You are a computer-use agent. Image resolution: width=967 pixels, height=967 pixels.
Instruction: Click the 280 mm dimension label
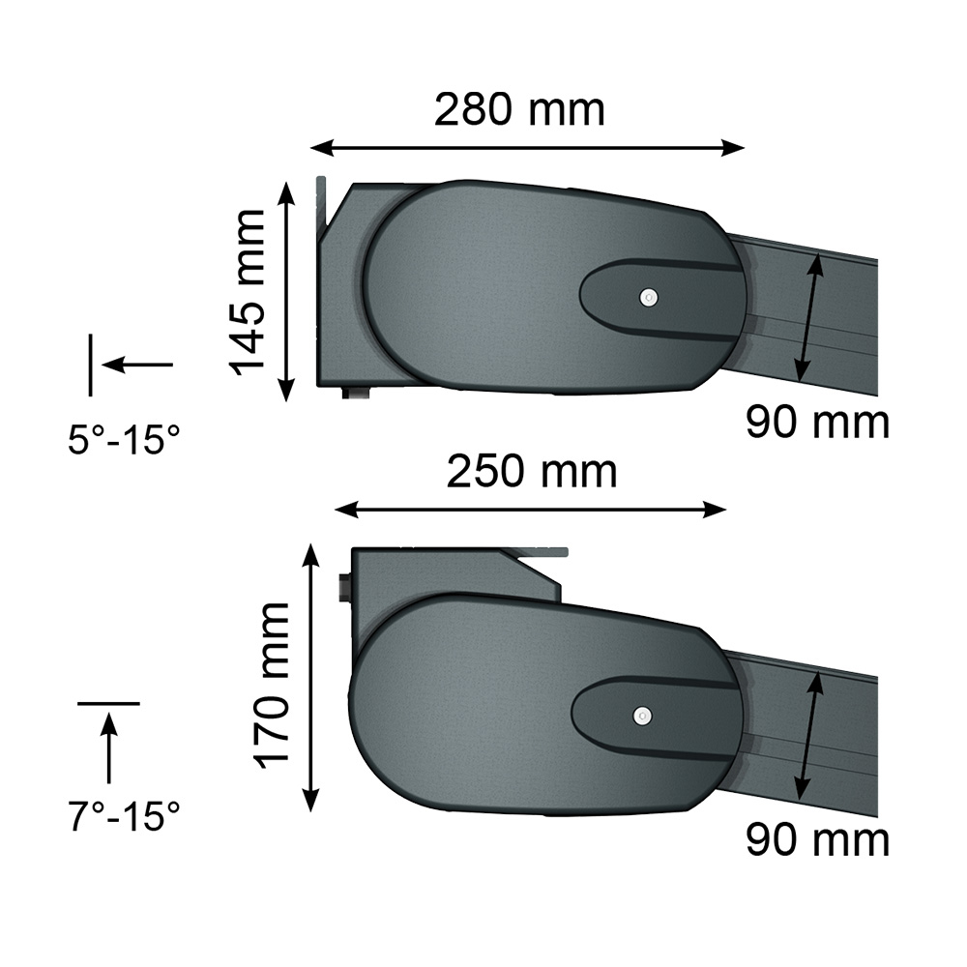pyautogui.click(x=519, y=110)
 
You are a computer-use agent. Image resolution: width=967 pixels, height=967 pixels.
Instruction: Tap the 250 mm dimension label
pyautogui.click(x=532, y=472)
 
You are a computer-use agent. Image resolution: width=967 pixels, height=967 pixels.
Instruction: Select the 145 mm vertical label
pyautogui.click(x=248, y=292)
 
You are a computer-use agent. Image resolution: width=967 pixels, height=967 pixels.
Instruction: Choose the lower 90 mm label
pyautogui.click(x=818, y=840)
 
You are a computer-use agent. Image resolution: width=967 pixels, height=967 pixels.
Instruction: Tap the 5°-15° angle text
pyautogui.click(x=124, y=440)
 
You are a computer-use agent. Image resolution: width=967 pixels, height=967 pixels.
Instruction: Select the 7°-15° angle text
pyautogui.click(x=124, y=816)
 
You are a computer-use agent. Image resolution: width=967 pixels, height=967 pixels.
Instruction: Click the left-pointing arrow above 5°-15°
pyautogui.click(x=137, y=365)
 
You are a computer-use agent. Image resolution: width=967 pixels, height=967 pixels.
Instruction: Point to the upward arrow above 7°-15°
pyautogui.click(x=109, y=747)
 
